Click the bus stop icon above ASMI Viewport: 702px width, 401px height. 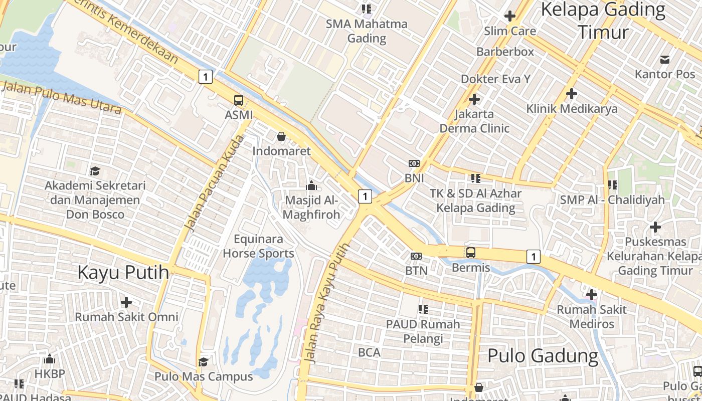pyautogui.click(x=239, y=100)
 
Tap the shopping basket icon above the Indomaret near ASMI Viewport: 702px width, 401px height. pyautogui.click(x=281, y=136)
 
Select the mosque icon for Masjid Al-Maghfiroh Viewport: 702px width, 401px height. pyautogui.click(x=311, y=186)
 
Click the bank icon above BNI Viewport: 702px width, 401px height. pyautogui.click(x=414, y=163)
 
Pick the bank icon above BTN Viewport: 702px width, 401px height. pyautogui.click(x=416, y=256)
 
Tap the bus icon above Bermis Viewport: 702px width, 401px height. pyautogui.click(x=471, y=253)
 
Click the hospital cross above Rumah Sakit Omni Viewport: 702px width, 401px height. pyautogui.click(x=126, y=302)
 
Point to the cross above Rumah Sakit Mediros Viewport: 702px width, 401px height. pyautogui.click(x=592, y=295)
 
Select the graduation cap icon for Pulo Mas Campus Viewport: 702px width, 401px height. pyautogui.click(x=203, y=362)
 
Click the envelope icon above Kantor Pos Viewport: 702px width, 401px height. pyautogui.click(x=665, y=60)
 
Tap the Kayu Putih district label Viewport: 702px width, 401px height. pyautogui.click(x=123, y=272)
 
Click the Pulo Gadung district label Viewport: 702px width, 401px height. pyautogui.click(x=543, y=356)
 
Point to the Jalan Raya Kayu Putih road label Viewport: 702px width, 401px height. pyautogui.click(x=325, y=303)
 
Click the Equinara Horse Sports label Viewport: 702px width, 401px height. pyautogui.click(x=258, y=246)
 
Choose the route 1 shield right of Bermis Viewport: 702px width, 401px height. pyautogui.click(x=534, y=257)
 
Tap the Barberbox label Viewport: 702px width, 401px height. pyautogui.click(x=505, y=52)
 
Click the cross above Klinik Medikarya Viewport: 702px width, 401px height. pyautogui.click(x=571, y=94)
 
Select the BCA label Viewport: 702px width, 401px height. pyautogui.click(x=369, y=352)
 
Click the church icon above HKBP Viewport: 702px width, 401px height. pyautogui.click(x=49, y=359)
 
